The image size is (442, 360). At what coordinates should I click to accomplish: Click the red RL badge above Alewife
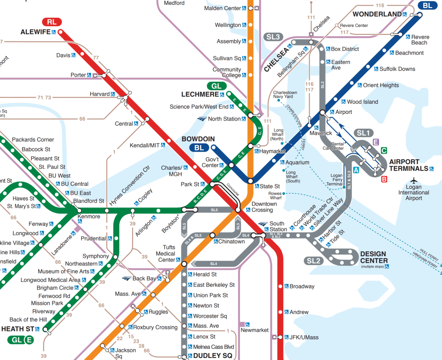pos(51,22)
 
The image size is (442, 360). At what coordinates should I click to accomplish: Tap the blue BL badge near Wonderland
pos(427,5)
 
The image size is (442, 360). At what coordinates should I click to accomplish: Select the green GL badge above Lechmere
pos(216,86)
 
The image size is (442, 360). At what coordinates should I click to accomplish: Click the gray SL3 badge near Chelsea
pos(273,37)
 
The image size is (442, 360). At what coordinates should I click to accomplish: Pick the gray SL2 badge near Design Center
pos(314,261)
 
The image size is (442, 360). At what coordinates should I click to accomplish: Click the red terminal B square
pos(384,179)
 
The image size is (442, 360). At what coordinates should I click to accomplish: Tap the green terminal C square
pos(384,151)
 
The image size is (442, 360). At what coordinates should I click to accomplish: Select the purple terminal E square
pos(376,142)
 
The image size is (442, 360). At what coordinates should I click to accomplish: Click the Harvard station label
pos(100,94)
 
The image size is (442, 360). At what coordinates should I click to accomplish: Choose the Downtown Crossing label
pos(264,207)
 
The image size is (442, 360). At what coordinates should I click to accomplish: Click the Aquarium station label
pos(297,163)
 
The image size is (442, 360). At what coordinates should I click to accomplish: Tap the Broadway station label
pos(302,286)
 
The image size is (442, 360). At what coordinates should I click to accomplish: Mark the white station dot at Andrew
pos(281,312)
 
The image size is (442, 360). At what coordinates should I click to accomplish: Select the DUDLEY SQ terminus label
pos(213,356)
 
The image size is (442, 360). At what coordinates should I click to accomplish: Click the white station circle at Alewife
pos(60,32)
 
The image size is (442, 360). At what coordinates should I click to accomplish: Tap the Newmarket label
pos(254,330)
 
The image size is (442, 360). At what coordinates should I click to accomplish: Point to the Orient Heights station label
pos(381,85)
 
